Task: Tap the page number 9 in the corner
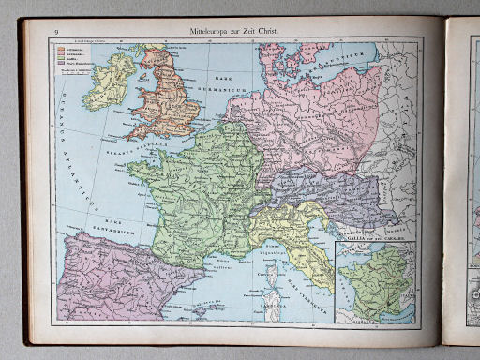point(57,33)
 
